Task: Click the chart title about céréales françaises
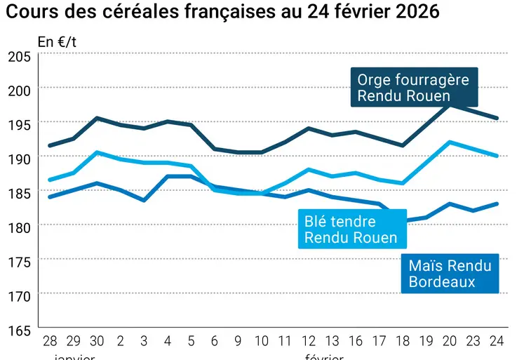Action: pyautogui.click(x=223, y=12)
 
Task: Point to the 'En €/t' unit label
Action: pyautogui.click(x=57, y=41)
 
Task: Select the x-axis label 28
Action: pyautogui.click(x=50, y=342)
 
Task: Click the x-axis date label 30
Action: pyautogui.click(x=97, y=342)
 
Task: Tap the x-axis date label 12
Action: pyautogui.click(x=308, y=342)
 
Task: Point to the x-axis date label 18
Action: pyautogui.click(x=403, y=342)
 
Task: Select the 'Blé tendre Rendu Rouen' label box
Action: pyautogui.click(x=351, y=229)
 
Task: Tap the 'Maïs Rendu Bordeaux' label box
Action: pyautogui.click(x=449, y=274)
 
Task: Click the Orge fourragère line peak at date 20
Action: pyautogui.click(x=450, y=104)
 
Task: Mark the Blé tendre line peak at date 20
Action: pyautogui.click(x=450, y=142)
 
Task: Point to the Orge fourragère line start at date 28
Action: pyautogui.click(x=50, y=145)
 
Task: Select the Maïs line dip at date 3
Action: pyautogui.click(x=144, y=200)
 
